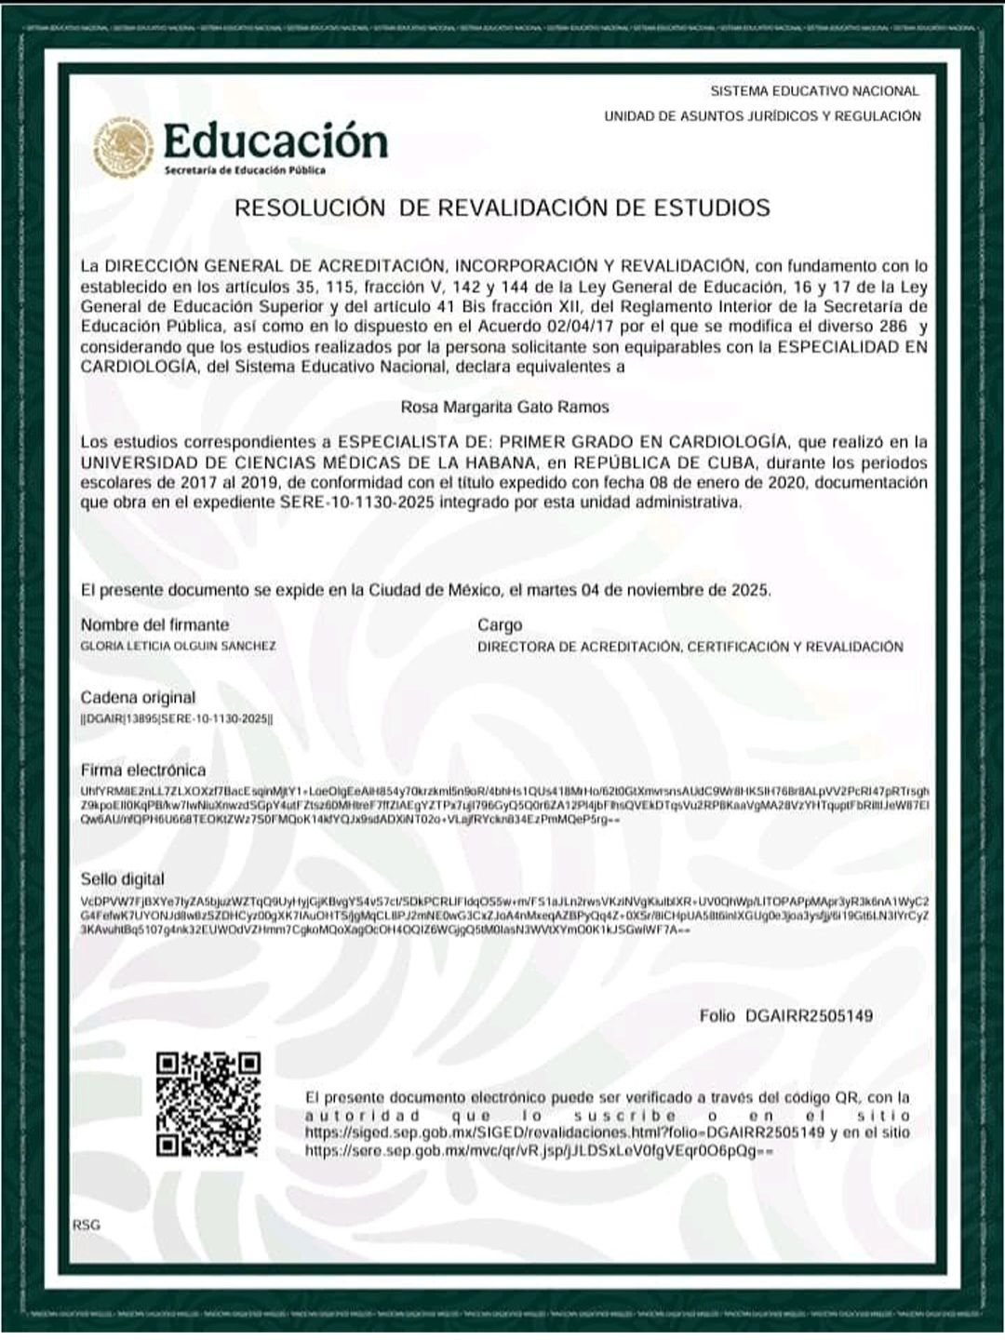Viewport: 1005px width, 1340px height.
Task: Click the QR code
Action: (x=208, y=1104)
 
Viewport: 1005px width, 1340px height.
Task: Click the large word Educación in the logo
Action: (x=275, y=141)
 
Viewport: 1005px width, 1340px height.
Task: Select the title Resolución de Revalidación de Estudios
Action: (x=502, y=208)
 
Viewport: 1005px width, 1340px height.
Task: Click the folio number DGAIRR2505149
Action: (x=809, y=1016)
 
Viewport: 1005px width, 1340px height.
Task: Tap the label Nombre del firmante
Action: (x=154, y=624)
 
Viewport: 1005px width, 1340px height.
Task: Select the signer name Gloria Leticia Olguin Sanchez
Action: (x=178, y=646)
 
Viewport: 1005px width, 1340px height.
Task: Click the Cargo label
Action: (x=500, y=624)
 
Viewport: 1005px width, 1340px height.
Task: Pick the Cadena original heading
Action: (x=138, y=697)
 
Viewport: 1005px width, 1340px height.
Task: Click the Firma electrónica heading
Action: (x=143, y=770)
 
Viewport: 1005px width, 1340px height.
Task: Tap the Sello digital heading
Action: (x=122, y=879)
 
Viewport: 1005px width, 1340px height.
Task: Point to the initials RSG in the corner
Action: (x=86, y=1225)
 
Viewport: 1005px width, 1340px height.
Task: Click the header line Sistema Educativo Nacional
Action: (x=814, y=91)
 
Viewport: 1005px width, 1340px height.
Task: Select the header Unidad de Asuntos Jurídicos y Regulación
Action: (x=762, y=116)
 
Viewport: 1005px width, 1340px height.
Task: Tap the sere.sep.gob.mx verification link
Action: (x=539, y=1151)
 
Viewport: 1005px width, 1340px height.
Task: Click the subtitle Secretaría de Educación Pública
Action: (x=245, y=170)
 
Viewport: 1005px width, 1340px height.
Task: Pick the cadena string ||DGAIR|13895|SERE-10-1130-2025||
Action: (x=177, y=718)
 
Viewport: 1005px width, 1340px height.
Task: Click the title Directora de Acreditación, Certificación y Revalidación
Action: (x=690, y=647)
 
